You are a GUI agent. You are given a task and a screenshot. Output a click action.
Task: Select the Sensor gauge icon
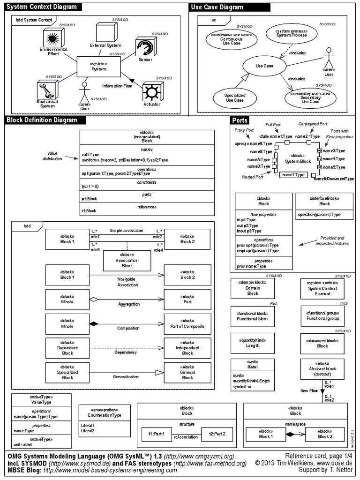pos(144,48)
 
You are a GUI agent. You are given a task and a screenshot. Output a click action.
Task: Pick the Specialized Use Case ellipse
pos(235,97)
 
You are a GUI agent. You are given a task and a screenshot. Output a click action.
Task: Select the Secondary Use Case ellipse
pos(310,97)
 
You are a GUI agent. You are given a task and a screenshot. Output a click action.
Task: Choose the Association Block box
pos(127,260)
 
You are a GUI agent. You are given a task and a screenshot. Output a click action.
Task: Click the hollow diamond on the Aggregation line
pos(93,299)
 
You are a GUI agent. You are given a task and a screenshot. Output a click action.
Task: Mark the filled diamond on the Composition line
pos(93,323)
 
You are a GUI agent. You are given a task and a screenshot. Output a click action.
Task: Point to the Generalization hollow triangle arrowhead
pos(159,372)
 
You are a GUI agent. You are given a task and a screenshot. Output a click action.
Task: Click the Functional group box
pos(322,315)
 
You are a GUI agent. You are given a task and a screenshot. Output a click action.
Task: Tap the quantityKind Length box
pos(253,343)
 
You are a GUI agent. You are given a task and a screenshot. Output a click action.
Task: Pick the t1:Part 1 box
pos(156,434)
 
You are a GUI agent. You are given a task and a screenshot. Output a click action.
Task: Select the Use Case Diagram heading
pos(217,7)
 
